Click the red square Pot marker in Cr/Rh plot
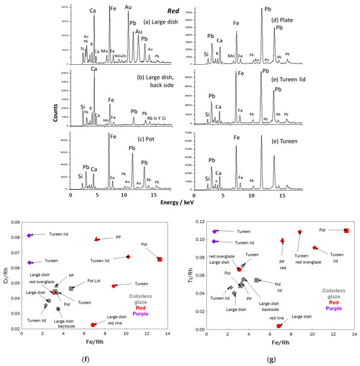tap(160, 259)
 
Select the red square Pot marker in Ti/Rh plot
tap(346, 230)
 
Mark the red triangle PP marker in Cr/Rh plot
tap(97, 240)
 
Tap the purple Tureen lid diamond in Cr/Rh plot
tap(30, 235)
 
